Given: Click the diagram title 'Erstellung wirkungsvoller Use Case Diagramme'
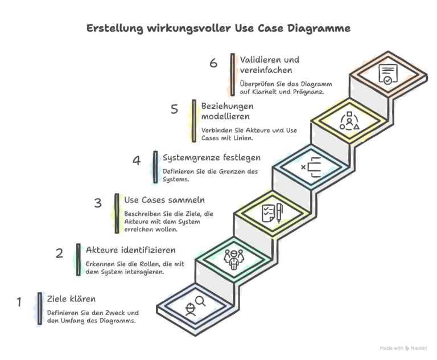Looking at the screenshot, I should (218, 28).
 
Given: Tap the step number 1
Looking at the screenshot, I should (19, 302).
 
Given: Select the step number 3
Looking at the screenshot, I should (97, 203).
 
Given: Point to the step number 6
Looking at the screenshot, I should (213, 63).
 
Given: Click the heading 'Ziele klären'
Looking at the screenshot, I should (71, 299).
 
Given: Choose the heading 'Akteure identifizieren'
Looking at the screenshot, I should (130, 249).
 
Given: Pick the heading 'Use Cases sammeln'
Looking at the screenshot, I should (164, 200).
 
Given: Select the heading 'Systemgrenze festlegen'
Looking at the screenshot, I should (212, 157).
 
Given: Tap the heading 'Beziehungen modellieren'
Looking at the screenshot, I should (228, 111).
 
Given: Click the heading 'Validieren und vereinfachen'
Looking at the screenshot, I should (270, 64).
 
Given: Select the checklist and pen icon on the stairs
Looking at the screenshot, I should (271, 212).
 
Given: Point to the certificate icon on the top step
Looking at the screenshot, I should (387, 75).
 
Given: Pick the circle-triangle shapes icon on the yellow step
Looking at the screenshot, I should (349, 121).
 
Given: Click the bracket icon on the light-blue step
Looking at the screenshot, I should (312, 167).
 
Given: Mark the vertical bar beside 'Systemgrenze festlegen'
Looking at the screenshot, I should (155, 167).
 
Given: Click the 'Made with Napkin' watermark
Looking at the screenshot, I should (403, 347).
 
